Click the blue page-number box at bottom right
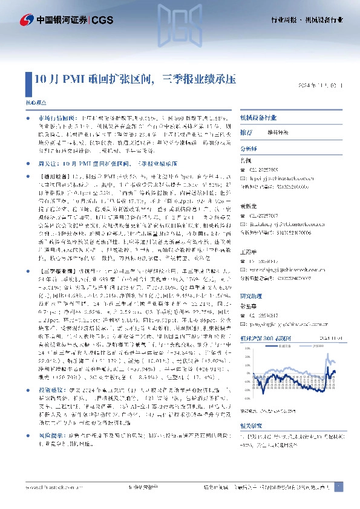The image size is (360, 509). [x=338, y=487]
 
